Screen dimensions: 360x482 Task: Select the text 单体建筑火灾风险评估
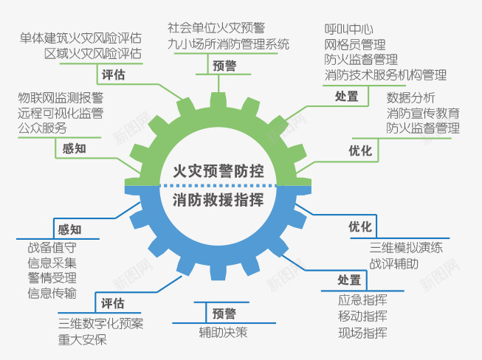81,38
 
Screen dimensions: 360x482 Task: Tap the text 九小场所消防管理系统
228,44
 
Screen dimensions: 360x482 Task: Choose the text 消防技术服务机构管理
385,75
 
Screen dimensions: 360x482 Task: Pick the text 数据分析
410,98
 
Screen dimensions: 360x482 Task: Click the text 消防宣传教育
423,113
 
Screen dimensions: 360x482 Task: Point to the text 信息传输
52,294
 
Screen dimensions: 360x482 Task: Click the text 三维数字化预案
101,324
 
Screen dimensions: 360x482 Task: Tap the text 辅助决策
223,332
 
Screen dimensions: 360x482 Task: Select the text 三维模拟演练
406,248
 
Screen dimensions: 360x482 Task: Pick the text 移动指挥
362,316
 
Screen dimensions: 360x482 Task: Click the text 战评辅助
393,263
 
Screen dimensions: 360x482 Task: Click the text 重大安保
82,339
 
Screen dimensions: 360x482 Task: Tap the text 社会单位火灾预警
216,29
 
